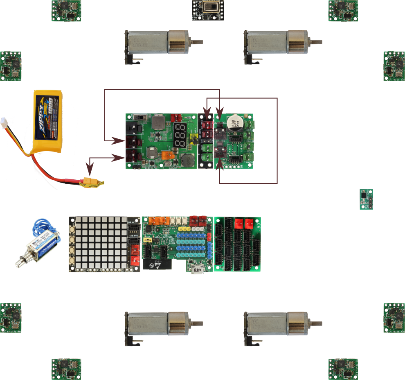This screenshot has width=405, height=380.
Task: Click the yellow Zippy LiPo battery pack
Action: (47, 121)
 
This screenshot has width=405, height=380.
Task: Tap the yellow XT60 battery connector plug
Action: (92, 183)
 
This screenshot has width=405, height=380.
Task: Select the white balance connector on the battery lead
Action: (4, 122)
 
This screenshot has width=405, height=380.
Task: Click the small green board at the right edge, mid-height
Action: (366, 199)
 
